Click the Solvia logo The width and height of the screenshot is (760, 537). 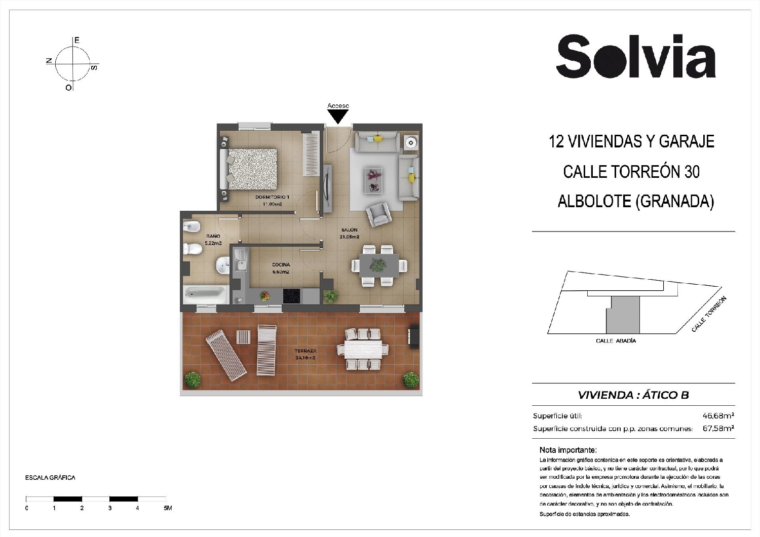(636, 57)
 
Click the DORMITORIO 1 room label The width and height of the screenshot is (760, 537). (272, 197)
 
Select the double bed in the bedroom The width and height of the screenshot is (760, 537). (250, 168)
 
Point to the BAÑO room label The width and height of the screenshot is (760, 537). (213, 236)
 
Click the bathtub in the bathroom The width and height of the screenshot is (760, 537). (205, 294)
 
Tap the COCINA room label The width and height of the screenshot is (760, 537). (281, 264)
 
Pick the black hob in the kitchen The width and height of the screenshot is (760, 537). (291, 295)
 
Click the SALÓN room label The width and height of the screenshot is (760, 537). (350, 230)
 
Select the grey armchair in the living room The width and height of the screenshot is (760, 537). (379, 214)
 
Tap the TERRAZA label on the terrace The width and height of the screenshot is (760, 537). (306, 351)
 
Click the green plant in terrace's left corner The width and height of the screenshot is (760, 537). (192, 379)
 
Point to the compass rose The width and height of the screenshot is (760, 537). (72, 64)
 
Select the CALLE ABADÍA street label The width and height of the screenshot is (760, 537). (616, 341)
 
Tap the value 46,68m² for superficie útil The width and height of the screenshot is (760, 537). (718, 416)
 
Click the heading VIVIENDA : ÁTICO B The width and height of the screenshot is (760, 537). (633, 395)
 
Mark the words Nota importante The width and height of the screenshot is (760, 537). (568, 450)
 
